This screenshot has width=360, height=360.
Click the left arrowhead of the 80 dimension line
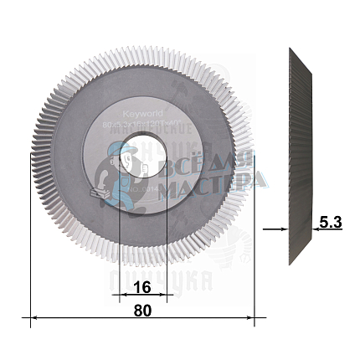pyautogui.click(x=35, y=318)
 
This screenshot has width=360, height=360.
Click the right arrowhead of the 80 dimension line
pyautogui.click(x=250, y=318)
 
